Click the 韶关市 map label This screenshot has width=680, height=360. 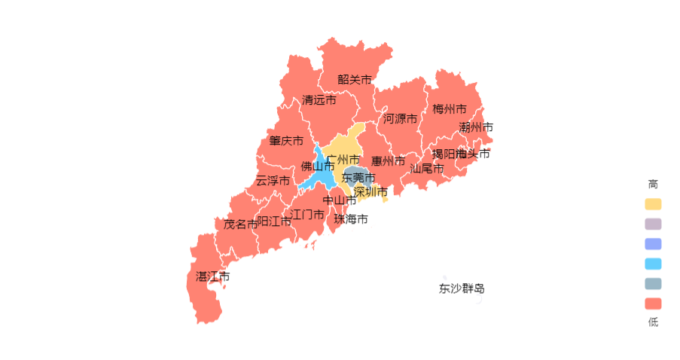354,79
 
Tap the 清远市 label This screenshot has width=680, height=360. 319,99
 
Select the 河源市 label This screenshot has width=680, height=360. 400,118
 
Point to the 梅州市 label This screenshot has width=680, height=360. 449,109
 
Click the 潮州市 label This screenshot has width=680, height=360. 476,127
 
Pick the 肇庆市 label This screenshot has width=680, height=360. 286,141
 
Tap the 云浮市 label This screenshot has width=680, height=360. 273,181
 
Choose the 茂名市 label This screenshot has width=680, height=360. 240,224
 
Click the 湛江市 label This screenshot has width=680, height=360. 212,276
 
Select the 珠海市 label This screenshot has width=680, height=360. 351,219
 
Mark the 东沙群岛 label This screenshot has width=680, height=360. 462,288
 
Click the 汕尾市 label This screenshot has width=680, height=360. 426,169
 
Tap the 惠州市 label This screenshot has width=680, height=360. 388,161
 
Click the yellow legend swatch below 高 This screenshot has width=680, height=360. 653,204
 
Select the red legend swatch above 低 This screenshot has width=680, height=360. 653,304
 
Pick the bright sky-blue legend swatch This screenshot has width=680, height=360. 653,264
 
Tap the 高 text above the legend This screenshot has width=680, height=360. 653,184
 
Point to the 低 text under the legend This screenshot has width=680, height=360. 653,322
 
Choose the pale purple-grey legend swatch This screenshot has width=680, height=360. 653,224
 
